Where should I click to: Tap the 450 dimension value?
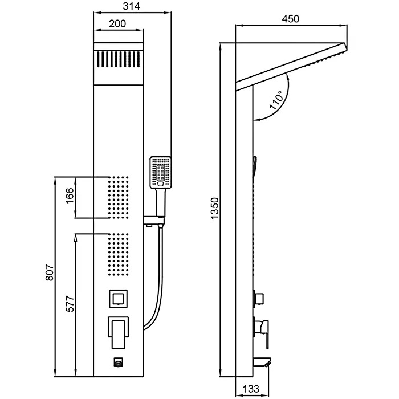(x=290, y=19)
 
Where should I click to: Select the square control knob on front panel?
(x=119, y=298)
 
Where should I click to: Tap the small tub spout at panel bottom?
(x=119, y=361)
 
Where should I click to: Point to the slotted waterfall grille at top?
(x=118, y=59)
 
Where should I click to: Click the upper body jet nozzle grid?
(x=119, y=197)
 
